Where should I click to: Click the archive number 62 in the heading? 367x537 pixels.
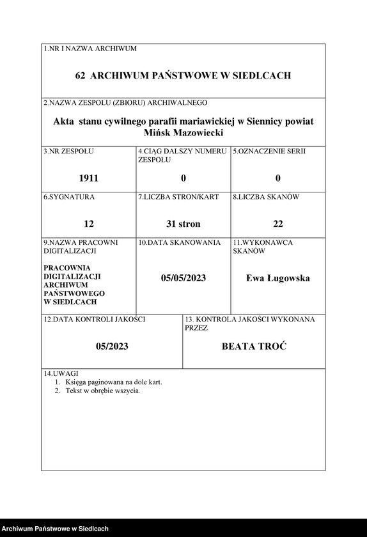(80, 75)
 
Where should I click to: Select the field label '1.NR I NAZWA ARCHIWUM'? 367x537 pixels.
(90, 49)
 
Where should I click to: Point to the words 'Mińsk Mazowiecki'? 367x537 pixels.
(183, 132)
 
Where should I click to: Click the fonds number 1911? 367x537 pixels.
(89, 178)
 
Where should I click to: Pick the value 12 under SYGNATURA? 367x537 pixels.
(89, 224)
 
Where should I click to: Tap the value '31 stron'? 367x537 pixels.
(183, 224)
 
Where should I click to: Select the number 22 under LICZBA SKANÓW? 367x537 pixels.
(277, 224)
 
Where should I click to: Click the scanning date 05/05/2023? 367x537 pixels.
(183, 278)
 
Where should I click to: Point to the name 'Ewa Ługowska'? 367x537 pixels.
(277, 278)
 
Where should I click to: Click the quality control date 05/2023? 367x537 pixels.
(112, 346)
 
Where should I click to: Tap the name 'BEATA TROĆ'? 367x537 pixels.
(254, 346)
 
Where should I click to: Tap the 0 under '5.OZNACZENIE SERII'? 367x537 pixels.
(277, 178)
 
